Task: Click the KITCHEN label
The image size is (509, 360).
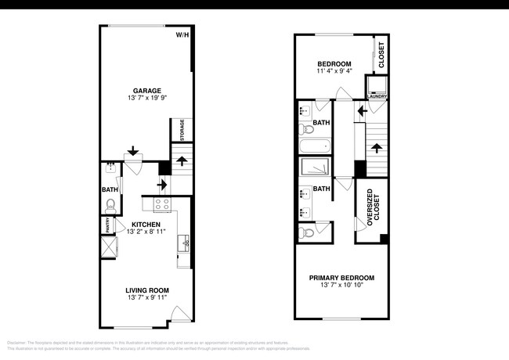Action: (146, 224)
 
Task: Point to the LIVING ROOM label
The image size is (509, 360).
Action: (146, 290)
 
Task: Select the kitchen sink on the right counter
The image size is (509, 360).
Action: (186, 243)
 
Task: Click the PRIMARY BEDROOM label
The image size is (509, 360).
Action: (341, 278)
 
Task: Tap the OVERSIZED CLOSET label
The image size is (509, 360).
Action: (371, 211)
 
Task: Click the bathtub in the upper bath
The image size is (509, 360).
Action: (314, 146)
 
